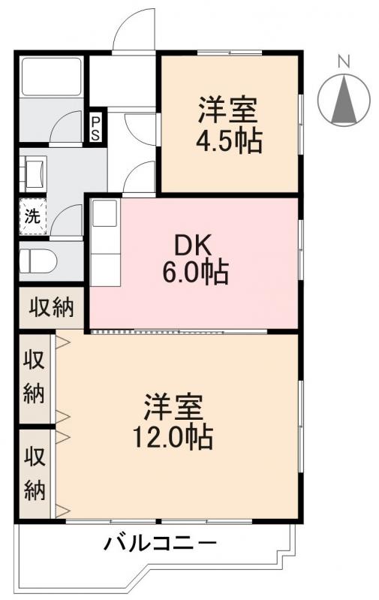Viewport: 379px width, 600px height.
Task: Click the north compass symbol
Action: tap(344, 98)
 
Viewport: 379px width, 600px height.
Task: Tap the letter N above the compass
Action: tap(344, 62)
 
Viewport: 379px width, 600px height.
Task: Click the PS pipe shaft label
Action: tap(96, 128)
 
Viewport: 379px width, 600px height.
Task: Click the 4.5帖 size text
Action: tap(230, 142)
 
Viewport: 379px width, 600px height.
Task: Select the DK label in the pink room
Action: tap(194, 246)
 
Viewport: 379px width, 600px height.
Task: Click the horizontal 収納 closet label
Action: tap(52, 307)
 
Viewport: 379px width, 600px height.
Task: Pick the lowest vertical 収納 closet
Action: tap(35, 473)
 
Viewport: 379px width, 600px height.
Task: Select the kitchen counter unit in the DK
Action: tap(106, 241)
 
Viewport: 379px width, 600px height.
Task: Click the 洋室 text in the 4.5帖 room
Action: tap(228, 111)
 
